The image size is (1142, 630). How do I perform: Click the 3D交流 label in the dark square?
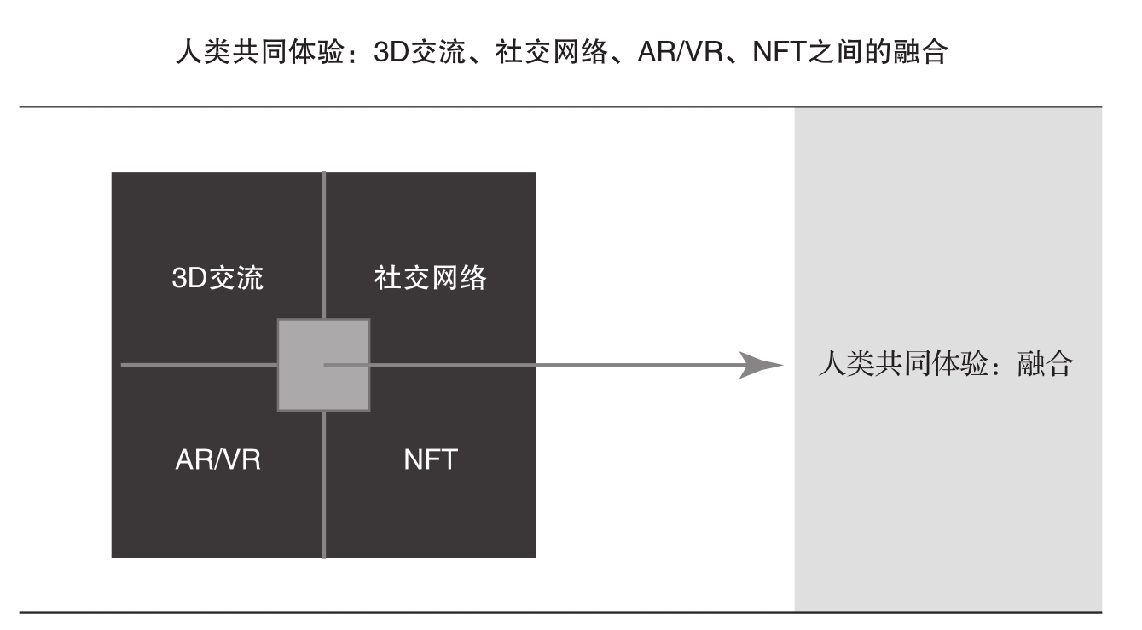pos(217,278)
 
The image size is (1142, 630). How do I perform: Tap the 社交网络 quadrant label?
pos(431,278)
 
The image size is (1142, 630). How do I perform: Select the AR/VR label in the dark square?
pos(217,459)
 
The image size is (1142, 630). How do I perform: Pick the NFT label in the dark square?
pos(431,459)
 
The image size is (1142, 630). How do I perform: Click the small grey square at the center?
pos(324,365)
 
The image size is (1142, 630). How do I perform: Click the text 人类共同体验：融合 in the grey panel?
pos(946,363)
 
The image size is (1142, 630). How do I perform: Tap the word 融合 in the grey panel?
pos(1045,363)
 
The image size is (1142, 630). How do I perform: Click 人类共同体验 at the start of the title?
pos(259,51)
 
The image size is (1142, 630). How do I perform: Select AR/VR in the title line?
pos(681,51)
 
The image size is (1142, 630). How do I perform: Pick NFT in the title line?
pos(780,51)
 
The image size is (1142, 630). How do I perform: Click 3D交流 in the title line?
pos(420,51)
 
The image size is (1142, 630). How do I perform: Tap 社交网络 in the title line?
pos(552,51)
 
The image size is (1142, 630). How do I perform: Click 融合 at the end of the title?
pos(919,51)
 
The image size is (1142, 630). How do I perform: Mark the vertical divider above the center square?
pos(324,246)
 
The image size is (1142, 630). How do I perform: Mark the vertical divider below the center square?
pos(324,485)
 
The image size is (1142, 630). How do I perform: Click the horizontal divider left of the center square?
pos(200,366)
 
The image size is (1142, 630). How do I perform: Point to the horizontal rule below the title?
pos(561,107)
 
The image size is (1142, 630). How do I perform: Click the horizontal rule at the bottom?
pos(561,612)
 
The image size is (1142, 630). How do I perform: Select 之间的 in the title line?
pos(849,51)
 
